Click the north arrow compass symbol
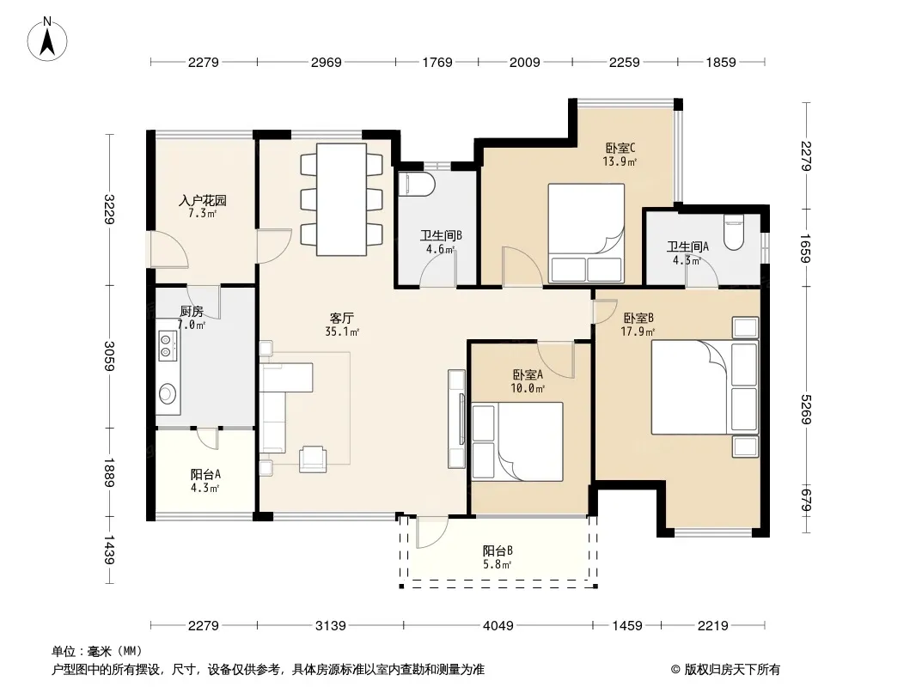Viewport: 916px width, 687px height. [47, 40]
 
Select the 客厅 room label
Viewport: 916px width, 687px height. [342, 318]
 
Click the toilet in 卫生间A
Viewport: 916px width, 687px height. [733, 232]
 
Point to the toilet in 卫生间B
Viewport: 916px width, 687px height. [417, 184]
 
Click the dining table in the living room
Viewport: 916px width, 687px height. [341, 199]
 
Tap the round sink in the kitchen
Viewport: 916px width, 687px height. [168, 393]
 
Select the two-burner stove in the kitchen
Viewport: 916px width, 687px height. [168, 345]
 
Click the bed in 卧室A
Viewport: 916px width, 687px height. [517, 441]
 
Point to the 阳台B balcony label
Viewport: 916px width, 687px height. [498, 550]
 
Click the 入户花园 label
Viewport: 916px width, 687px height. [202, 200]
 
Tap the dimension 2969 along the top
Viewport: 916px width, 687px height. [326, 62]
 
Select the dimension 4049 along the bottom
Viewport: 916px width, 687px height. [498, 626]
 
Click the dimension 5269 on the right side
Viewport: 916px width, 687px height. [806, 409]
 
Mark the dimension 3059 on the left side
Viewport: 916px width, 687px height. [109, 356]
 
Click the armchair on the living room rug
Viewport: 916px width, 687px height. [313, 459]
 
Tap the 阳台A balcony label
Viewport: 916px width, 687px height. [205, 475]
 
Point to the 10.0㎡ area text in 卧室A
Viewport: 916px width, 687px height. [528, 388]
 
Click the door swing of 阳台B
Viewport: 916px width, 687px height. [431, 532]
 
